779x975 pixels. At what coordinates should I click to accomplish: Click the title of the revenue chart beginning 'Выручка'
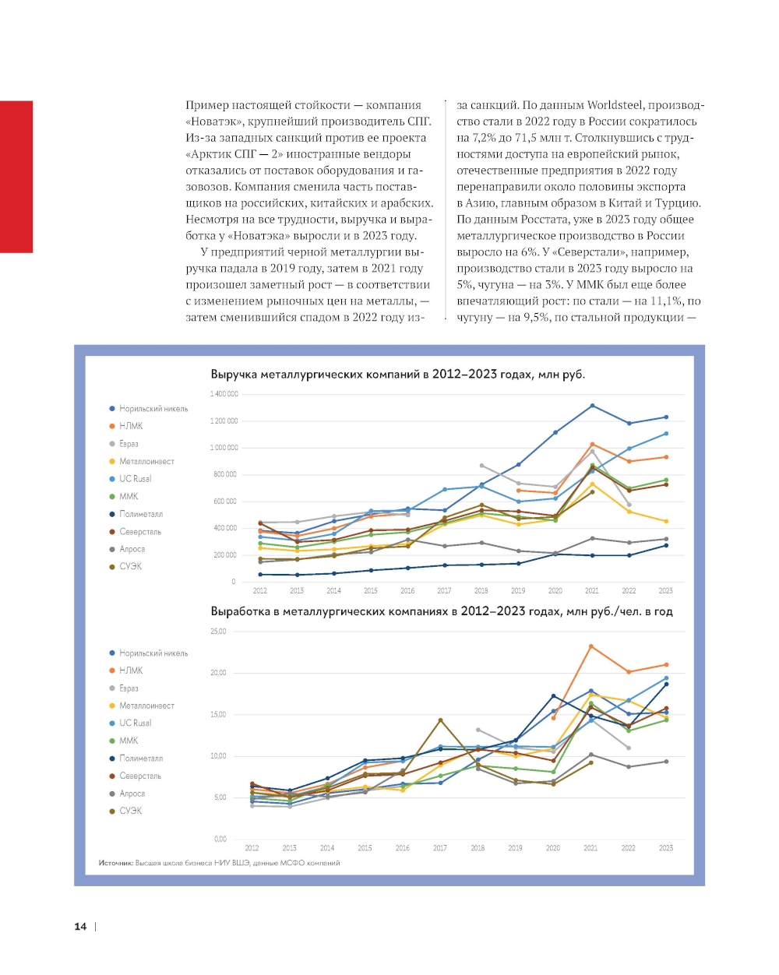(x=397, y=375)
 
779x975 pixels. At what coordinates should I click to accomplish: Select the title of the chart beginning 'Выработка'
(x=441, y=611)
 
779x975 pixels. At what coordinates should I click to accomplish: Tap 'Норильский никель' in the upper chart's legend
(x=153, y=409)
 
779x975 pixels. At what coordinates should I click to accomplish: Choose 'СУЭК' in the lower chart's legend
(x=130, y=811)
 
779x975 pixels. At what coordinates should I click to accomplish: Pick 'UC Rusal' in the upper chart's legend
(x=135, y=479)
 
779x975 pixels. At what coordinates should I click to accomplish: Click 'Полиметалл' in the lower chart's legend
(x=141, y=759)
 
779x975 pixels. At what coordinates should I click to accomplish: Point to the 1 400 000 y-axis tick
(x=224, y=394)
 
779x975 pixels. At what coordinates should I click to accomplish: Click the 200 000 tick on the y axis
(x=224, y=555)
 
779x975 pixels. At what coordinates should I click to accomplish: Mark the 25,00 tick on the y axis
(x=218, y=632)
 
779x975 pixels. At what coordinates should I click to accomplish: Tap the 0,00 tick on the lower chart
(x=220, y=839)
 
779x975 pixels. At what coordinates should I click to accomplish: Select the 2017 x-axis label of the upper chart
(x=444, y=591)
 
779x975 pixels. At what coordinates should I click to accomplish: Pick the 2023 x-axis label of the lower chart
(x=666, y=848)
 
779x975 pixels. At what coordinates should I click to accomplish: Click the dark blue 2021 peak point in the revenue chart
(x=592, y=406)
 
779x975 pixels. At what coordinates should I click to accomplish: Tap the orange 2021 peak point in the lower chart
(x=591, y=646)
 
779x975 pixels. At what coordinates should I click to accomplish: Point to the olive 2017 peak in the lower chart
(x=440, y=720)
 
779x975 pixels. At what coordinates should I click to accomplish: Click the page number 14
(x=80, y=926)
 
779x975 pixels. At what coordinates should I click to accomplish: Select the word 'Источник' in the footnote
(x=115, y=863)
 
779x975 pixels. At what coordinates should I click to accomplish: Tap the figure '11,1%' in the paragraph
(x=668, y=301)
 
